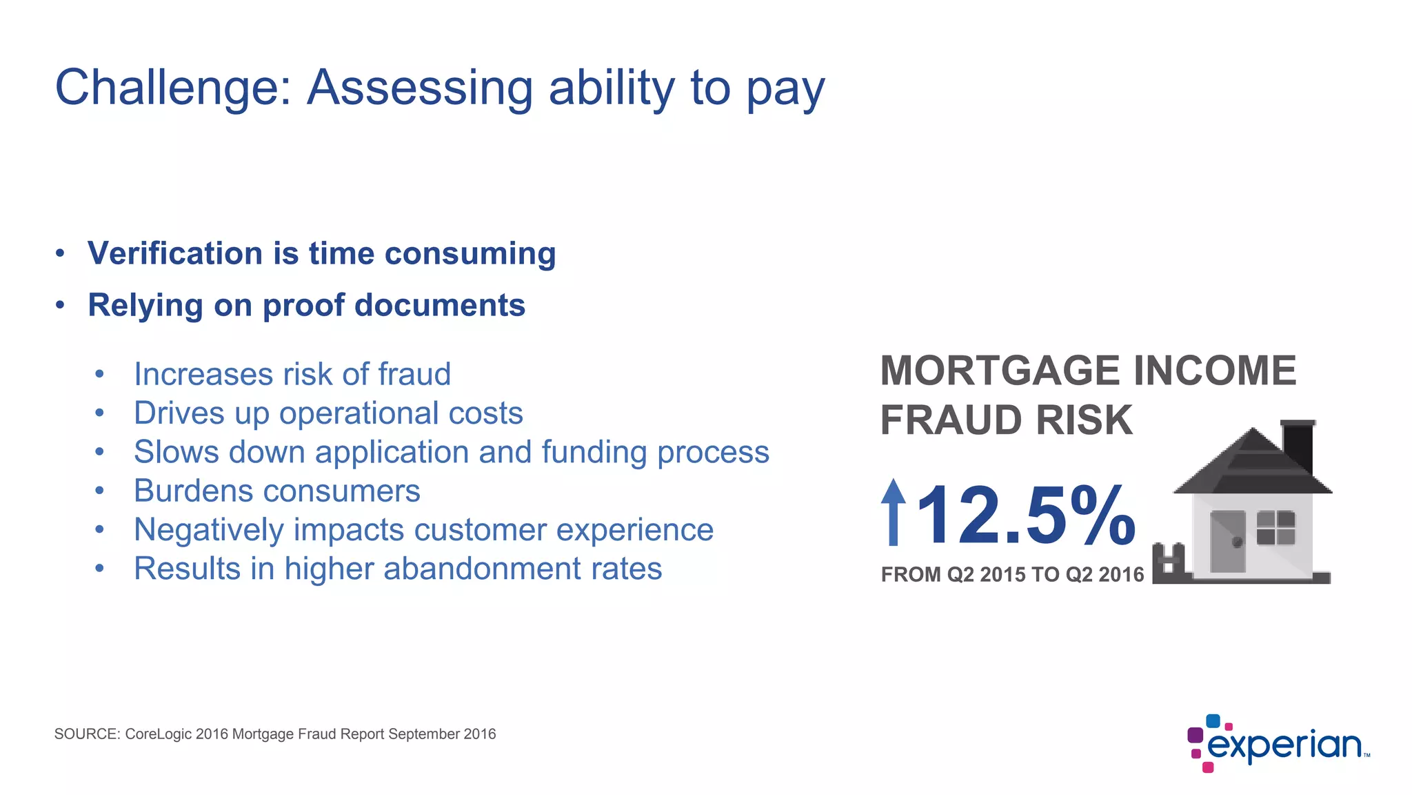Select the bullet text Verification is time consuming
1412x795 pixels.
click(321, 253)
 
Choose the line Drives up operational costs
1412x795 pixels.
click(328, 413)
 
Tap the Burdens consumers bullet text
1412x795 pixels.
click(276, 491)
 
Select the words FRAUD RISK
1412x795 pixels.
click(1006, 420)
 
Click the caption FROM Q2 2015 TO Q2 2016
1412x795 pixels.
click(1012, 574)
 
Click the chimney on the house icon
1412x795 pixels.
click(1298, 445)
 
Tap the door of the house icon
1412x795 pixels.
click(1228, 541)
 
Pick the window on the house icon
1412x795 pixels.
click(1275, 528)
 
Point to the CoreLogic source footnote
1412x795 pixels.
click(275, 734)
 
